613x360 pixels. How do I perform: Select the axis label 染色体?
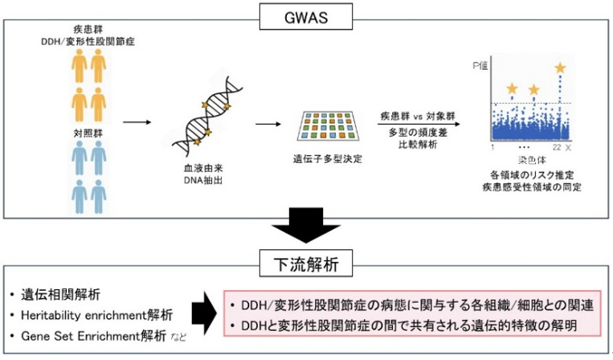pyautogui.click(x=529, y=161)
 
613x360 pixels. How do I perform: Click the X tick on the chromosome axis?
pyautogui.click(x=568, y=149)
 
